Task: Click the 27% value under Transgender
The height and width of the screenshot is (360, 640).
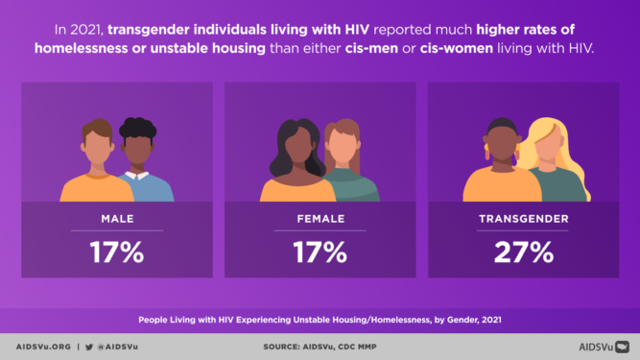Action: (x=523, y=252)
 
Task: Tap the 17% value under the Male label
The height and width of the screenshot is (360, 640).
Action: (x=116, y=252)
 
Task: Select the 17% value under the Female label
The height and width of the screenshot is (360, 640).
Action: (x=320, y=252)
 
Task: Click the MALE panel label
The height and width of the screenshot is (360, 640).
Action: (x=117, y=219)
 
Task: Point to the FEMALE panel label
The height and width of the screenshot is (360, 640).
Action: (x=320, y=219)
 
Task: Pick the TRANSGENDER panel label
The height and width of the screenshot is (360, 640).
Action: (x=523, y=219)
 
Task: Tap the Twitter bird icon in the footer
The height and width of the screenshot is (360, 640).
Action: (x=88, y=345)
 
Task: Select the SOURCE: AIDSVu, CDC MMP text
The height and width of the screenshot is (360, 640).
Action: (x=320, y=345)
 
